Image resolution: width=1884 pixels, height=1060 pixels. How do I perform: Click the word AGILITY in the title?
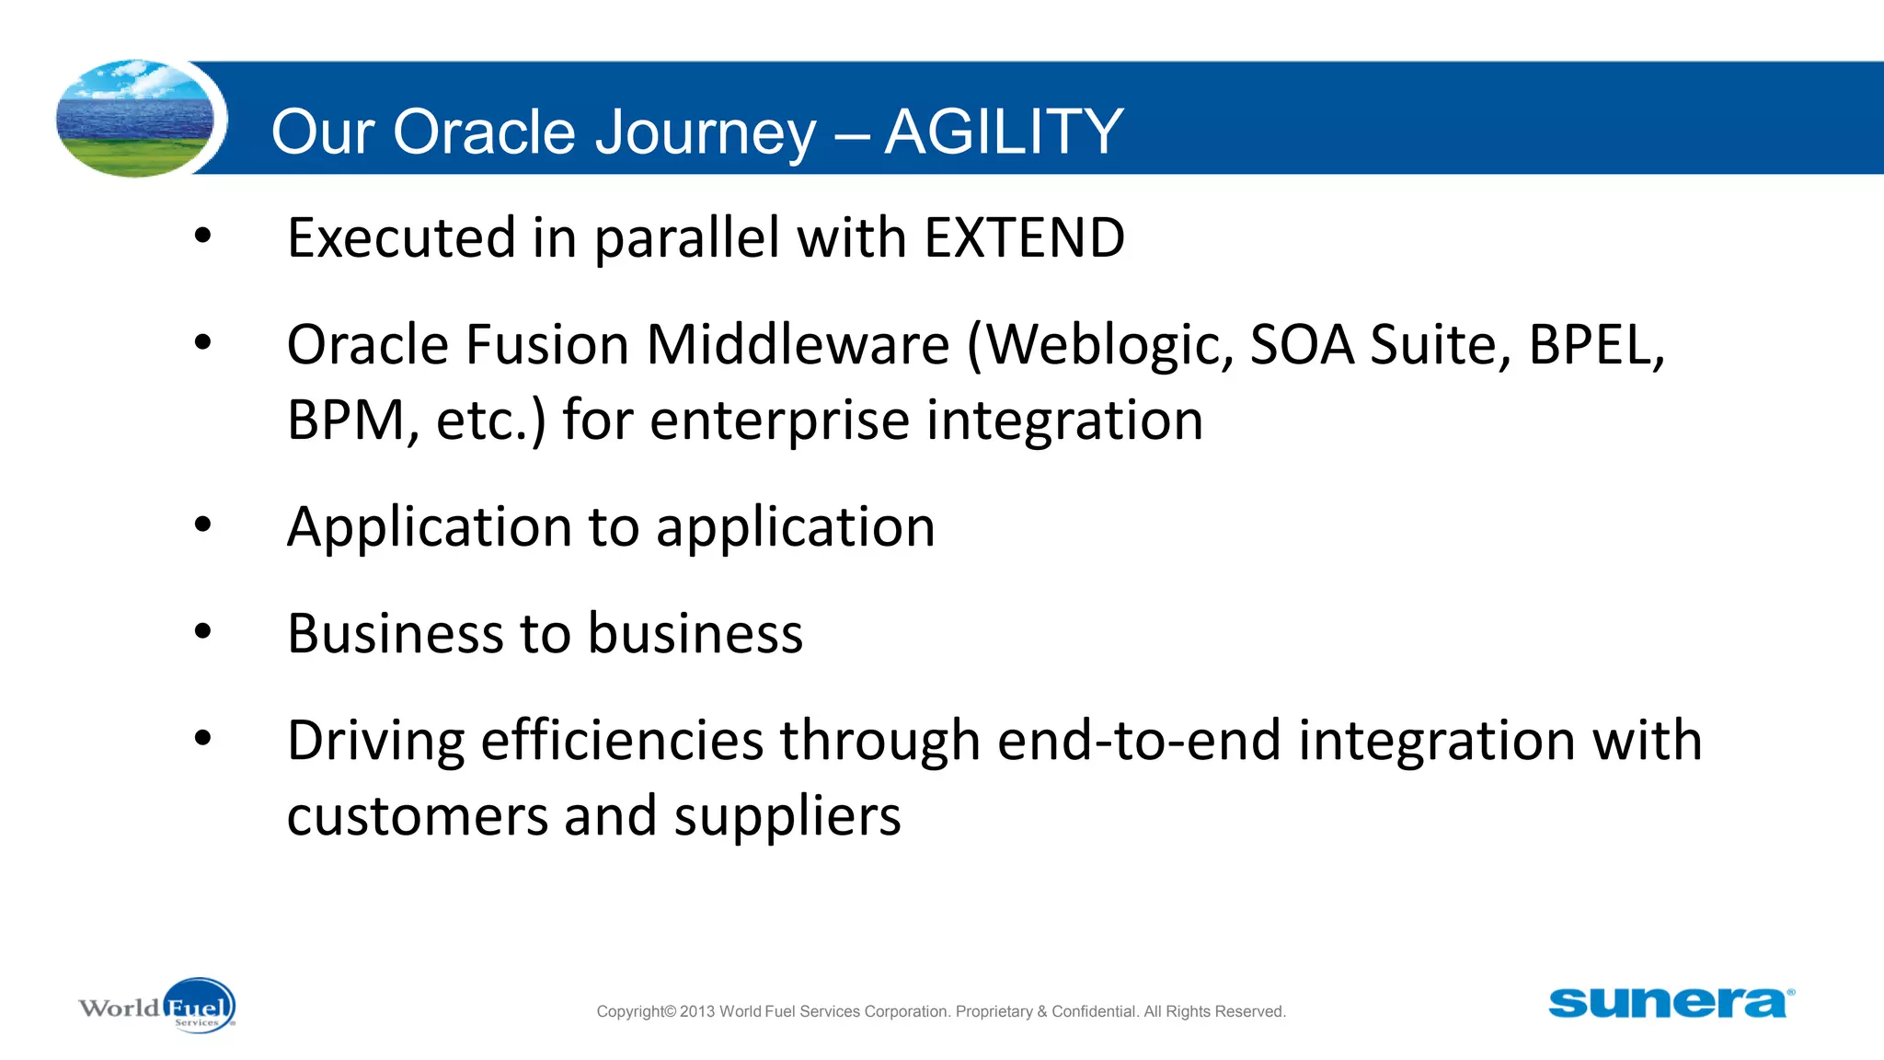[x=1004, y=132]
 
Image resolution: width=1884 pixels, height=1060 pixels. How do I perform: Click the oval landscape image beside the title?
[x=135, y=119]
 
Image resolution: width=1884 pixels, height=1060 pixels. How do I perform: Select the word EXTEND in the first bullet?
[x=1024, y=237]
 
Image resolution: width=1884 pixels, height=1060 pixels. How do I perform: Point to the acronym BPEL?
[x=1595, y=346]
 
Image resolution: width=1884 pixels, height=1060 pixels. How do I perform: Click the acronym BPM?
[x=345, y=421]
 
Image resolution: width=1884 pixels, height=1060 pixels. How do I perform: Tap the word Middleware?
[x=798, y=345]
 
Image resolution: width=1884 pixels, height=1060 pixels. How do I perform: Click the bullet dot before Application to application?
[x=203, y=525]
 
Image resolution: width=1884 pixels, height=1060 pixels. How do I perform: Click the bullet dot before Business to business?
[x=203, y=632]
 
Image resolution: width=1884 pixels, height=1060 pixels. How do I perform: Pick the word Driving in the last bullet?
[x=375, y=742]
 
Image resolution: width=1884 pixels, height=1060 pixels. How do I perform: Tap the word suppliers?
[x=787, y=817]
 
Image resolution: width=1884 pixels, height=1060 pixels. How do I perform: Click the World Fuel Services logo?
[x=158, y=1007]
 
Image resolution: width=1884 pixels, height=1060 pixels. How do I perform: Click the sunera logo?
[x=1670, y=1003]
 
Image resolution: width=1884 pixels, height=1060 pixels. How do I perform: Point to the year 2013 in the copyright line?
[x=697, y=1011]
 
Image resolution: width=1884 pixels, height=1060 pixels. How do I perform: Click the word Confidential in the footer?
[x=1095, y=1011]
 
